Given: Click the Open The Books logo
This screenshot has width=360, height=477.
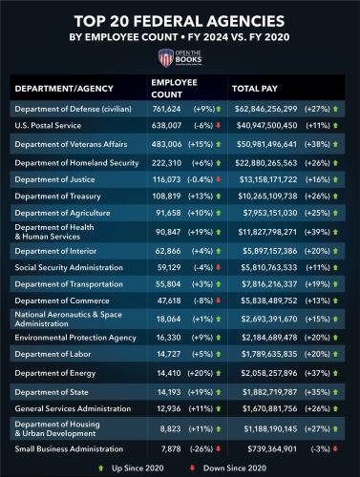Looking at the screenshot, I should pyautogui.click(x=180, y=58).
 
